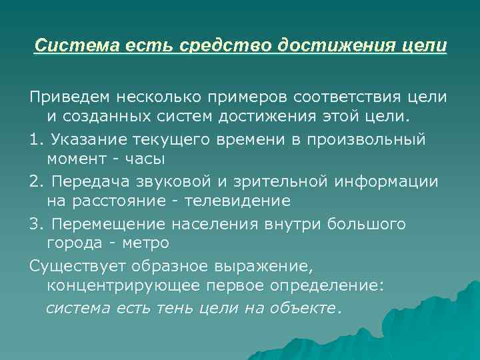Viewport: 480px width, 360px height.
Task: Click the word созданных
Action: click(95, 117)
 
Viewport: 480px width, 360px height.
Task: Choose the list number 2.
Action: click(34, 181)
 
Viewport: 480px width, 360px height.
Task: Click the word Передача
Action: click(86, 181)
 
